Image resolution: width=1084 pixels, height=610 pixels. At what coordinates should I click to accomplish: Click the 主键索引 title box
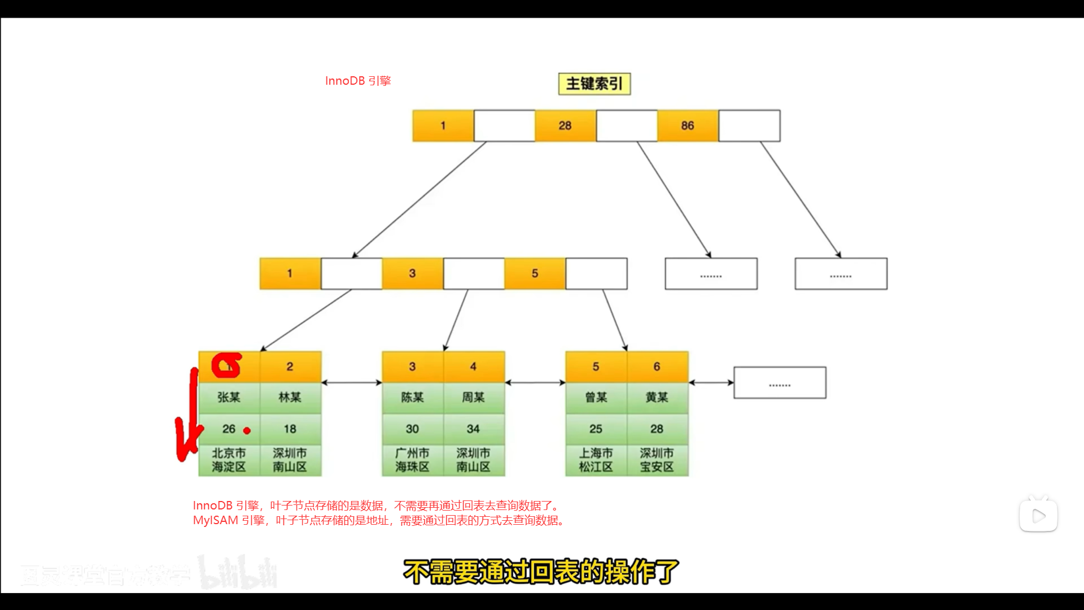[594, 84]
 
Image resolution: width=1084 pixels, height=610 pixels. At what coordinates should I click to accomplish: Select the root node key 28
[565, 125]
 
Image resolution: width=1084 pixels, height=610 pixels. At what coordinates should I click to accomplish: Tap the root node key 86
[687, 125]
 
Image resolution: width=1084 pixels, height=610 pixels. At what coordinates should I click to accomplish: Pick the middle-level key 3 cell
[412, 273]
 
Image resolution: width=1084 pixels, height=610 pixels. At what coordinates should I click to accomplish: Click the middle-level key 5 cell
[535, 273]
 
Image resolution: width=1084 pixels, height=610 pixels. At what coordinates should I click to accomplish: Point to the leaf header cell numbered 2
[290, 367]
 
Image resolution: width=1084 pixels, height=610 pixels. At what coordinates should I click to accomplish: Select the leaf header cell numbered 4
[473, 367]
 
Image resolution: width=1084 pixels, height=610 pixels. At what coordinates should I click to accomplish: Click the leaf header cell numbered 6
[657, 367]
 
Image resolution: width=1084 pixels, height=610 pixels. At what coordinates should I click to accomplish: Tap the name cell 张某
[229, 398]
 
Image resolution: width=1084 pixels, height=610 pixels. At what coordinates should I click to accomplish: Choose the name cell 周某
[473, 398]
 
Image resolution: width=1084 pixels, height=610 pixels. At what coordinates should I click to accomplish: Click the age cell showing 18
[290, 429]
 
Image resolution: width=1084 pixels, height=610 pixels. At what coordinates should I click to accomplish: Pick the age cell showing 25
[596, 429]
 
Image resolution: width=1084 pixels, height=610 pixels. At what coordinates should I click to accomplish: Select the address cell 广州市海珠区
[412, 460]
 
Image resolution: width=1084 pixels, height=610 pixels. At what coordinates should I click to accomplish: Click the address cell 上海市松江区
[596, 460]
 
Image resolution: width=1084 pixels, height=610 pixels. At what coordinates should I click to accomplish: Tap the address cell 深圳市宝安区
[657, 460]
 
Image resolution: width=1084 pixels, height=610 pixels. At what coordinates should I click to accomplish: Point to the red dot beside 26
[247, 431]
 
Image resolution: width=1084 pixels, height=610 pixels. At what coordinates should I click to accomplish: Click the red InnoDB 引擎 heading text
[358, 81]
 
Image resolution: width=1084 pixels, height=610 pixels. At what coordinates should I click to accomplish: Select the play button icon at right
[1038, 516]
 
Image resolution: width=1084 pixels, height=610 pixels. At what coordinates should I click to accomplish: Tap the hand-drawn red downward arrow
[187, 424]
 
